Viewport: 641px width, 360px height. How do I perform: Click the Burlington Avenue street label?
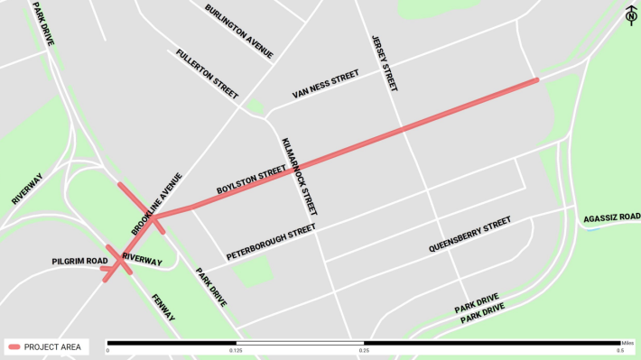238,32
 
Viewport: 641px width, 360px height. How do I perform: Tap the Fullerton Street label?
208,74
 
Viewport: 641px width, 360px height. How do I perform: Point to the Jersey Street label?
384,63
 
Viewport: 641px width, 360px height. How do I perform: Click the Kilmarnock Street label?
299,177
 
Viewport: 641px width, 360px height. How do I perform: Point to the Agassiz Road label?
611,217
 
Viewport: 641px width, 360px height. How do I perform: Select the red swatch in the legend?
14,346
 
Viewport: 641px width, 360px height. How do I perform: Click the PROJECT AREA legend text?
54,346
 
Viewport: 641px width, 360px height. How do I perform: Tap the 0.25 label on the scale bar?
364,351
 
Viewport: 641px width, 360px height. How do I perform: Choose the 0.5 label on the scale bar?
621,351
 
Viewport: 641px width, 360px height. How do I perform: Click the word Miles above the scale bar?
627,342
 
